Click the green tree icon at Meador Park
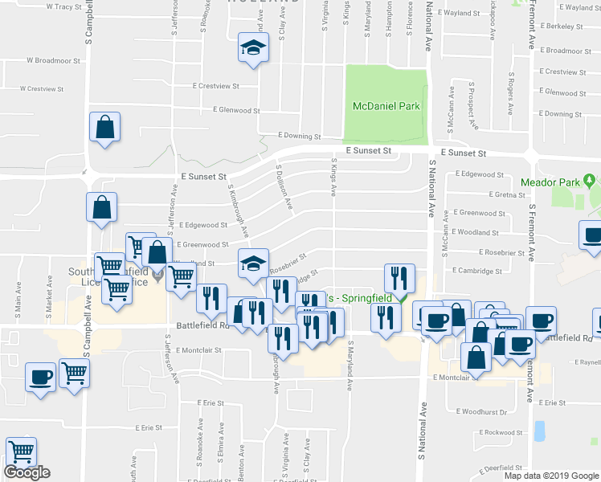pyautogui.click(x=589, y=179)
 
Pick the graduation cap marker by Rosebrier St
pyautogui.click(x=252, y=263)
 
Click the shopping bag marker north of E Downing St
pyautogui.click(x=105, y=127)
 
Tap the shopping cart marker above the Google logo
pyautogui.click(x=21, y=451)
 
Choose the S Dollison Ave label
pyautogui.click(x=284, y=190)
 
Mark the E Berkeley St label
pyautogui.click(x=562, y=27)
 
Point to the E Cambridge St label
pyautogui.click(x=480, y=271)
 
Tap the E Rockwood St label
pyautogui.click(x=499, y=432)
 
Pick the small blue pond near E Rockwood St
pyautogui.click(x=538, y=431)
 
